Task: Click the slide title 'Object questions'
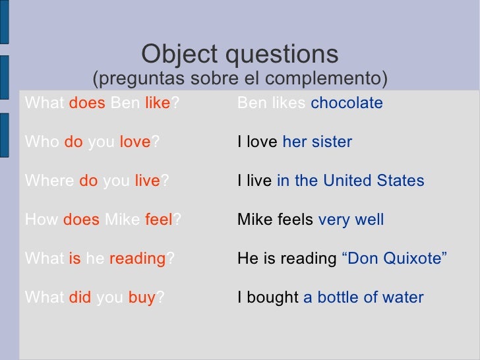[239, 54]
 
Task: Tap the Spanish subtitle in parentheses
[239, 80]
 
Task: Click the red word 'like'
[157, 104]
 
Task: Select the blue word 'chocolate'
[346, 104]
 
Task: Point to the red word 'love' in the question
[135, 142]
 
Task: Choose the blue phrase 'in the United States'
[350, 181]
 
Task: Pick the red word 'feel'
[158, 220]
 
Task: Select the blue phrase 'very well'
[351, 220]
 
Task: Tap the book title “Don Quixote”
[395, 259]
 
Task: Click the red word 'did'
[80, 297]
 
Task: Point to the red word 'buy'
[140, 298]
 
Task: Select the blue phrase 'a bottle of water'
[363, 297]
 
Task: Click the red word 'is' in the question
[74, 259]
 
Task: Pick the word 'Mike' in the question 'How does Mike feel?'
[121, 220]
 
